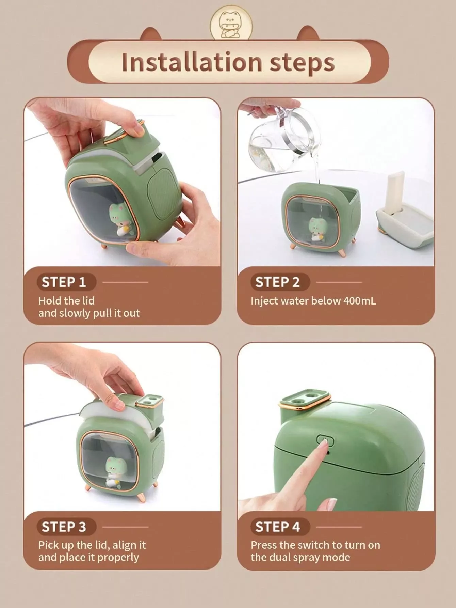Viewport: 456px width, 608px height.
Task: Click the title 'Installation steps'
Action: (x=228, y=62)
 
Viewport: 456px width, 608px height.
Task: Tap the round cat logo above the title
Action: (x=231, y=25)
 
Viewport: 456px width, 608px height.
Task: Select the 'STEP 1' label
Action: (x=64, y=282)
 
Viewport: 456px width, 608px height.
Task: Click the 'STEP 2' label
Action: (x=277, y=282)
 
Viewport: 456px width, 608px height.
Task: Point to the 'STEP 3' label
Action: (x=64, y=527)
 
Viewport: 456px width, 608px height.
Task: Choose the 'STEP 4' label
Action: (x=277, y=527)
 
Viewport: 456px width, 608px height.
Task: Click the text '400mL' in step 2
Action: (x=359, y=301)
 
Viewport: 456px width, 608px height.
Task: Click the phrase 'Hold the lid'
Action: (x=66, y=300)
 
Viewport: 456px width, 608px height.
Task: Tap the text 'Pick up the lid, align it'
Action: (x=92, y=545)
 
